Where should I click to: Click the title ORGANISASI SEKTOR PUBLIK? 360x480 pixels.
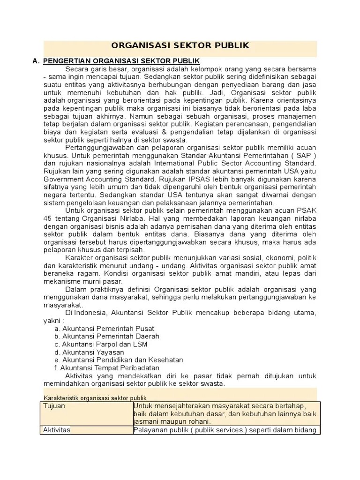click(180, 45)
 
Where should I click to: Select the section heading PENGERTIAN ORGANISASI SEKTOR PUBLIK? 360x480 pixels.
click(121, 61)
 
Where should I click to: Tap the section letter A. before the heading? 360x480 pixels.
click(36, 61)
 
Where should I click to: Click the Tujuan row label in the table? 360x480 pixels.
click(54, 406)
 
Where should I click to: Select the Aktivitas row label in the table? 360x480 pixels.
click(56, 430)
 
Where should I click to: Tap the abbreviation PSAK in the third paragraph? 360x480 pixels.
click(307, 211)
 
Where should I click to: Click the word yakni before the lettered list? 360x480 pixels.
click(52, 320)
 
